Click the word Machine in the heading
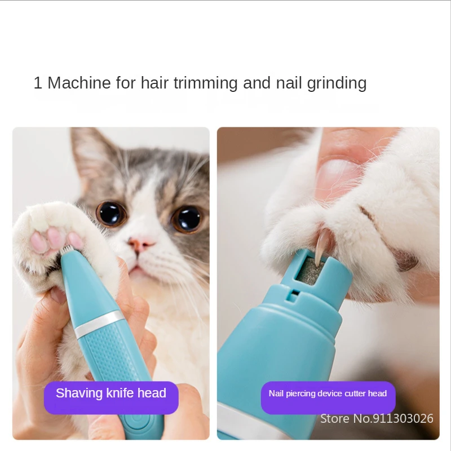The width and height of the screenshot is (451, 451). point(79,83)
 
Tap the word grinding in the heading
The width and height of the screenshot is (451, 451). point(337,83)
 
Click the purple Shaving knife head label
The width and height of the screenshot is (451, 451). point(111,393)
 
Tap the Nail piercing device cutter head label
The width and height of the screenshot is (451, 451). point(328,393)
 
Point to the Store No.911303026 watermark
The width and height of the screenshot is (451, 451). point(377,418)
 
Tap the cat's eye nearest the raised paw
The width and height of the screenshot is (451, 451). point(110,213)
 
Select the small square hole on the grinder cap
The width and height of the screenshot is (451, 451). point(294,293)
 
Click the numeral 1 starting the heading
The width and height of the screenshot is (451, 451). point(38,83)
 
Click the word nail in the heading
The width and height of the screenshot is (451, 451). point(289,83)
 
